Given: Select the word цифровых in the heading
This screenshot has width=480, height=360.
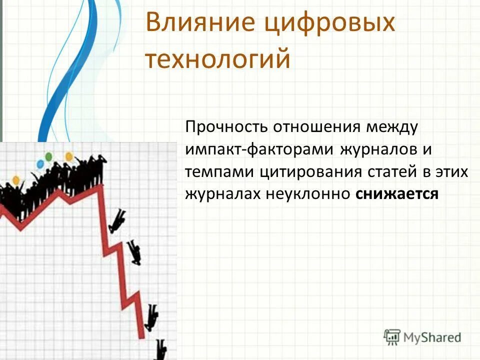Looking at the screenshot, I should [329, 23].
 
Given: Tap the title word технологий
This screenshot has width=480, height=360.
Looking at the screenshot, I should [217, 58].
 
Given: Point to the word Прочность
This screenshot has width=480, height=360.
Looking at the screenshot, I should [226, 126].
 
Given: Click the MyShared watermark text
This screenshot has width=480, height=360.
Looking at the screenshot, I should [432, 337].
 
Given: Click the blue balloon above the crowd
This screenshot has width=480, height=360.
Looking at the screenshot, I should [39, 163].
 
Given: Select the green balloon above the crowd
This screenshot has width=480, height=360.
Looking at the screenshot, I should [48, 156].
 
